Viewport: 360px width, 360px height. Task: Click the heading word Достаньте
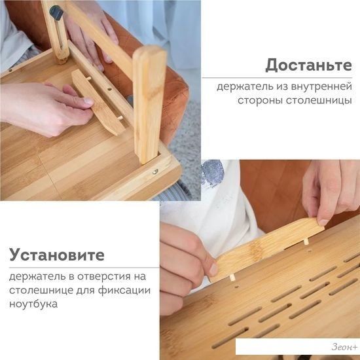pyautogui.click(x=308, y=65)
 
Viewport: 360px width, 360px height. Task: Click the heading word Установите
pyautogui.click(x=57, y=255)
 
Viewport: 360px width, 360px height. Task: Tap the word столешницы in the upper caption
pyautogui.click(x=319, y=100)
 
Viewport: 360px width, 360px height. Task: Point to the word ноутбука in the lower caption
pyautogui.click(x=33, y=304)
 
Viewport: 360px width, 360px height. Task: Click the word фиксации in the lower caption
pyautogui.click(x=124, y=291)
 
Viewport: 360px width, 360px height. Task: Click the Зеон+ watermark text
pyautogui.click(x=344, y=347)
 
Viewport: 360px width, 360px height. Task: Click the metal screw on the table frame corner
pyautogui.click(x=155, y=171)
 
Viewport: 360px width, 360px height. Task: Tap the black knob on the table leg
pyautogui.click(x=56, y=13)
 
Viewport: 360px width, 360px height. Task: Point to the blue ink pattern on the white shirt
pyautogui.click(x=212, y=173)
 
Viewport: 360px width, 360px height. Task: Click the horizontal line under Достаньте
pyautogui.click(x=277, y=78)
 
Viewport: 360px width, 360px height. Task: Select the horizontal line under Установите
pyautogui.click(x=84, y=268)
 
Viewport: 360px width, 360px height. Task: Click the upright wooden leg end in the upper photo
pyautogui.click(x=149, y=105)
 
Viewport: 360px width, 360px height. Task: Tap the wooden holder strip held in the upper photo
pyautogui.click(x=98, y=102)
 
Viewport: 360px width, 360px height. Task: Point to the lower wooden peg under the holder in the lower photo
pyautogui.click(x=232, y=278)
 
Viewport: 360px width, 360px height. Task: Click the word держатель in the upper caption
pyautogui.click(x=245, y=87)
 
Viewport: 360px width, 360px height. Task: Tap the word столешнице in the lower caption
pyautogui.click(x=38, y=291)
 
